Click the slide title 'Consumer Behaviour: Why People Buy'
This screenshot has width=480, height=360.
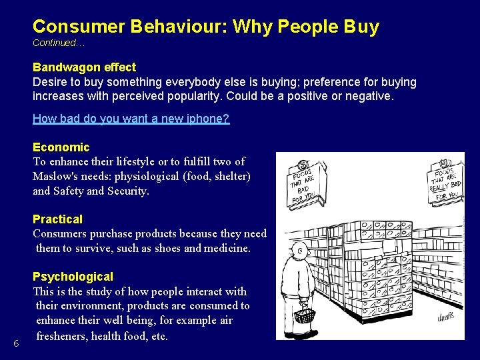click(205, 27)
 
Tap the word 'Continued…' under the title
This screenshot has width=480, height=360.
click(59, 43)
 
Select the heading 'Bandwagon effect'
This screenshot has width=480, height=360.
click(84, 67)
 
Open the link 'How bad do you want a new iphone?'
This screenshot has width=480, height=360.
click(131, 119)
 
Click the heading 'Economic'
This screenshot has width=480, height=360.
click(61, 147)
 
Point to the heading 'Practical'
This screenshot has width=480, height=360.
click(57, 219)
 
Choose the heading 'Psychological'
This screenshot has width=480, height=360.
click(73, 277)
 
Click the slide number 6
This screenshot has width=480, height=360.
click(16, 343)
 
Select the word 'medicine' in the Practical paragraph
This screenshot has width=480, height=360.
click(226, 248)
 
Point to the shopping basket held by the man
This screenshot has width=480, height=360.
click(305, 313)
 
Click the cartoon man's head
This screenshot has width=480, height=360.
click(301, 252)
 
